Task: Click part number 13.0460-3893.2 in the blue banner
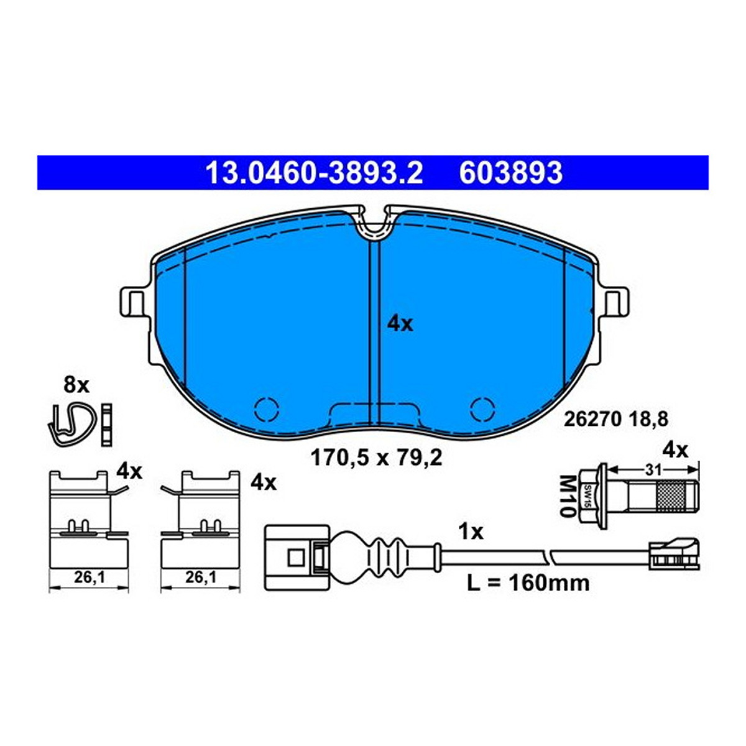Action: (x=314, y=173)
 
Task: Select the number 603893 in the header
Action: (x=510, y=173)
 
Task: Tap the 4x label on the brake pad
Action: (x=400, y=324)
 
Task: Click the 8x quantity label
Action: (x=76, y=385)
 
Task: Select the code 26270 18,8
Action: (x=616, y=419)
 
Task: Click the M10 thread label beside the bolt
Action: (x=566, y=496)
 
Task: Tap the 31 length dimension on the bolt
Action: (x=653, y=471)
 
